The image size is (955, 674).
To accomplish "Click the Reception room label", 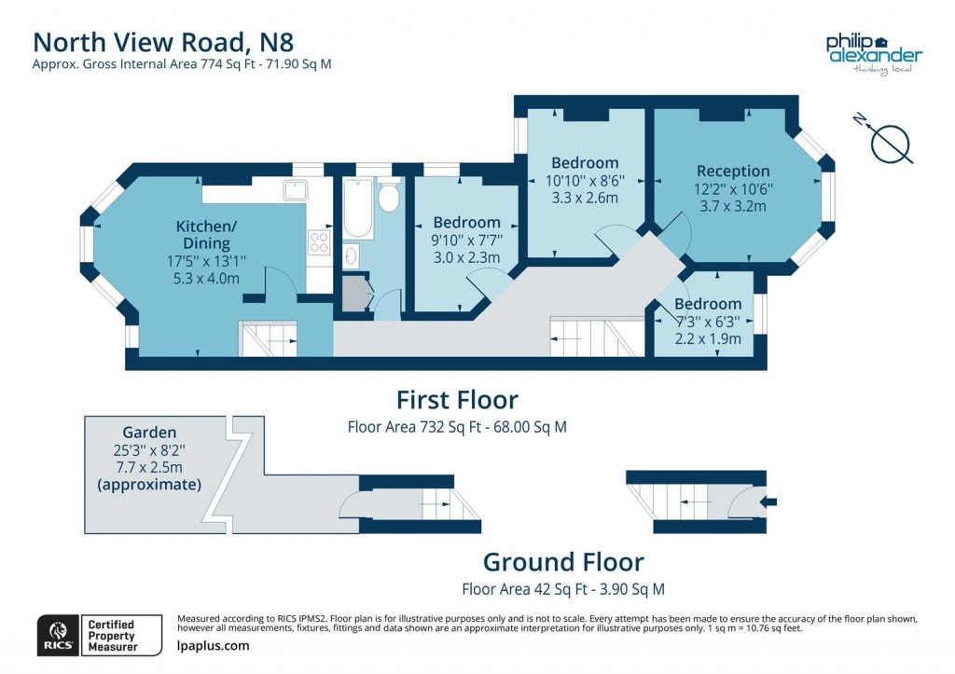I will point(733,172).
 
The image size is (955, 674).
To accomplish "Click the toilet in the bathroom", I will point(389,198).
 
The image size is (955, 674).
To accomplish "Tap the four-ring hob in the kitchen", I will point(319,242).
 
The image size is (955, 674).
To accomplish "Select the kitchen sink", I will point(298,191).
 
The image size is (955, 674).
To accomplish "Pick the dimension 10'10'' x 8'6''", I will point(585,181).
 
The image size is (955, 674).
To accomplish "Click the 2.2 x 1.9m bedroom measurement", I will point(708,339).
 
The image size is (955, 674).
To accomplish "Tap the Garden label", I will point(149,433).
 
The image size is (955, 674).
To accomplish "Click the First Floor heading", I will point(457,400).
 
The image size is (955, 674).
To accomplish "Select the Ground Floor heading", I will point(562,562).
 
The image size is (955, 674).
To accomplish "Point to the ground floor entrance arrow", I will point(769,502).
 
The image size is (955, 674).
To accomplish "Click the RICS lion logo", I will point(56,635).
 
